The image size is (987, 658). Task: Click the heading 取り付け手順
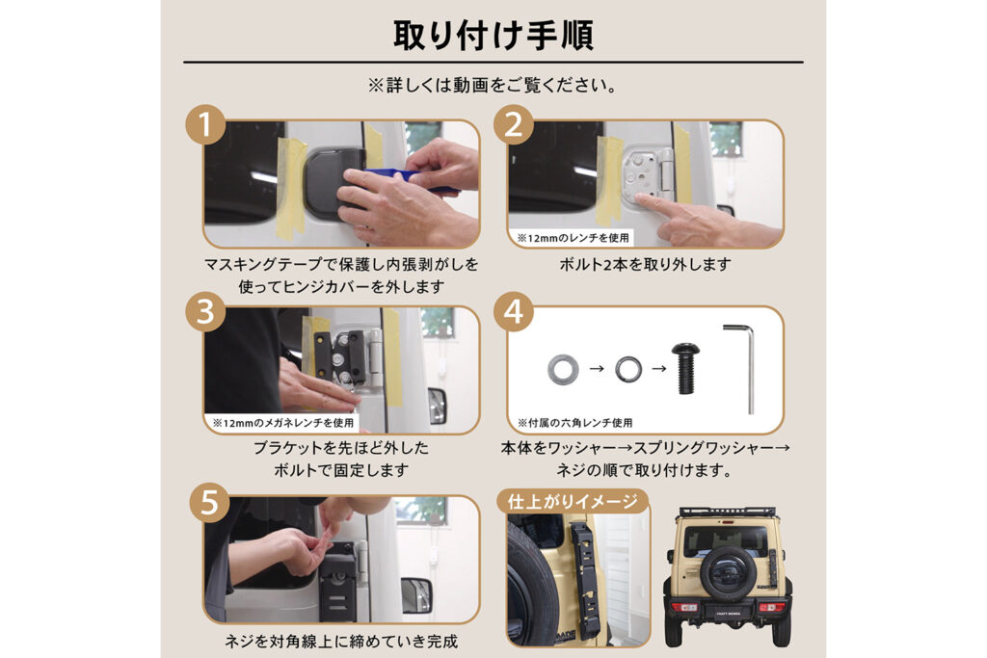[x=493, y=35]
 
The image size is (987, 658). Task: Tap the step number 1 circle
[x=205, y=124]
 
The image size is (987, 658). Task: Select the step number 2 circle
[x=514, y=124]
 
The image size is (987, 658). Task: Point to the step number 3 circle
[x=205, y=312]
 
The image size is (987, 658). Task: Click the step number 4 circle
[x=514, y=312]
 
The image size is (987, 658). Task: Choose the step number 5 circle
[x=209, y=503]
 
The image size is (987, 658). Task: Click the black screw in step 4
[x=685, y=368]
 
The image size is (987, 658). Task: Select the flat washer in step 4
[x=563, y=369]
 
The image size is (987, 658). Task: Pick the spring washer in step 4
[x=628, y=369]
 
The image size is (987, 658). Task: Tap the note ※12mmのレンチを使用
[x=573, y=238]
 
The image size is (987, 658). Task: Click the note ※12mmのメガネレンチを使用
[x=283, y=423]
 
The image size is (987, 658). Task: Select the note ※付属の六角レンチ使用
[x=574, y=423]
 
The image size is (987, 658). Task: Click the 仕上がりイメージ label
[x=573, y=501]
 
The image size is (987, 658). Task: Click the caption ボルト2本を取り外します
[x=645, y=265]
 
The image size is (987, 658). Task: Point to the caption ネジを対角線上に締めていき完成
[x=341, y=642]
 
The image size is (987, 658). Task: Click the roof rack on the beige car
[x=727, y=513]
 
